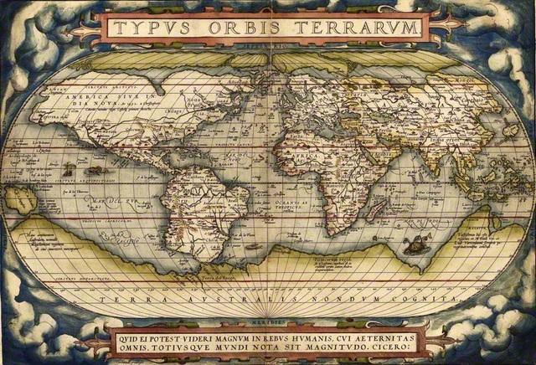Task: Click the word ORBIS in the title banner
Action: click(243, 27)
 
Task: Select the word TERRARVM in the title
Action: click(358, 27)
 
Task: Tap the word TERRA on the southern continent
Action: click(126, 298)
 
